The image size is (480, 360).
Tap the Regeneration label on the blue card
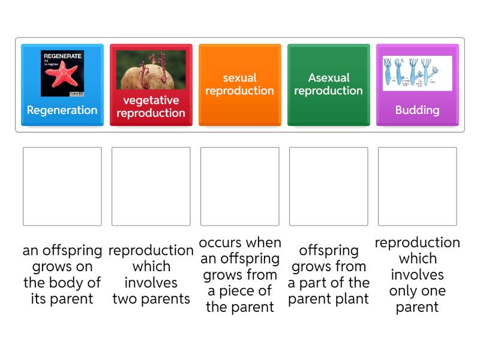click(x=62, y=110)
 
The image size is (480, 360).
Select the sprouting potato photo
click(x=151, y=70)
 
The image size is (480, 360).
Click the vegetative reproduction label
click(x=151, y=107)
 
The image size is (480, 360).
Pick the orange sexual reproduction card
click(x=239, y=85)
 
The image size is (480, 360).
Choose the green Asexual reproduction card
click(x=328, y=85)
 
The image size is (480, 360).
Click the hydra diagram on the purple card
click(x=417, y=73)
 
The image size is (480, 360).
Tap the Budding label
click(x=417, y=110)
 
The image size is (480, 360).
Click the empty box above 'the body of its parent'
click(x=62, y=187)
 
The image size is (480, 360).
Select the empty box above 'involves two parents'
click(x=151, y=187)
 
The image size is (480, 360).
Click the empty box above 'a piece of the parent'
click(x=240, y=187)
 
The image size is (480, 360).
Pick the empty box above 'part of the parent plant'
click(x=329, y=187)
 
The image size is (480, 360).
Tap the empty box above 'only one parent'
click(x=418, y=187)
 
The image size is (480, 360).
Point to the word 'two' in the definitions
click(x=126, y=299)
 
